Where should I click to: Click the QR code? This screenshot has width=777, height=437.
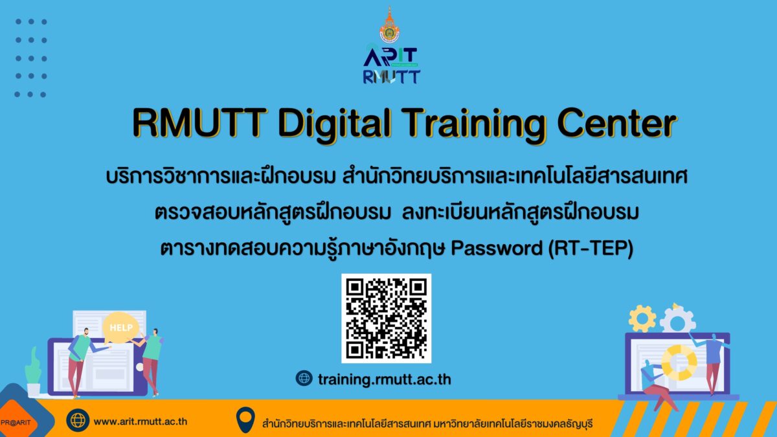coord(386,319)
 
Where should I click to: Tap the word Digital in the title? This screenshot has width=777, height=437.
coord(335,124)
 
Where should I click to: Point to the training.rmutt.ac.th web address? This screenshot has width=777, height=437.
coord(385,379)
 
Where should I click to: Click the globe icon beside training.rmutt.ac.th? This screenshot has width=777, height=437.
coord(304,378)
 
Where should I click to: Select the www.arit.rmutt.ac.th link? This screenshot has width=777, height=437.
coord(141,421)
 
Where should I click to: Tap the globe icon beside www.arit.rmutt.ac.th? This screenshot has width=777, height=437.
coord(78,421)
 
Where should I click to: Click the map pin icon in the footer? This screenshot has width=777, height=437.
coord(245,420)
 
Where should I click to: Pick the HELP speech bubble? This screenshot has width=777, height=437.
coord(120,328)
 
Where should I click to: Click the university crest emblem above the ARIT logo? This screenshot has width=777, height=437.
coord(390,25)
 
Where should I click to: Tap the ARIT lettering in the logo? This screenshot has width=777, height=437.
coord(390,56)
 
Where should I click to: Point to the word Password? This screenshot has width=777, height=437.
coord(497,249)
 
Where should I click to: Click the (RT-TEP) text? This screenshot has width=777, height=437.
coord(591,249)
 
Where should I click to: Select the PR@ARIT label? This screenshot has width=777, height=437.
coord(16,423)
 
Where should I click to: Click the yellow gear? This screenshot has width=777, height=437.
coord(642,319)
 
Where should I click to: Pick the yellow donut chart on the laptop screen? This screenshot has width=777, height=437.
coord(679,363)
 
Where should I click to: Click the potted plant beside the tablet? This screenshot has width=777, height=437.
coord(33,372)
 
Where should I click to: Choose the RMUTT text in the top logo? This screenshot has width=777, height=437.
coord(391,76)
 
